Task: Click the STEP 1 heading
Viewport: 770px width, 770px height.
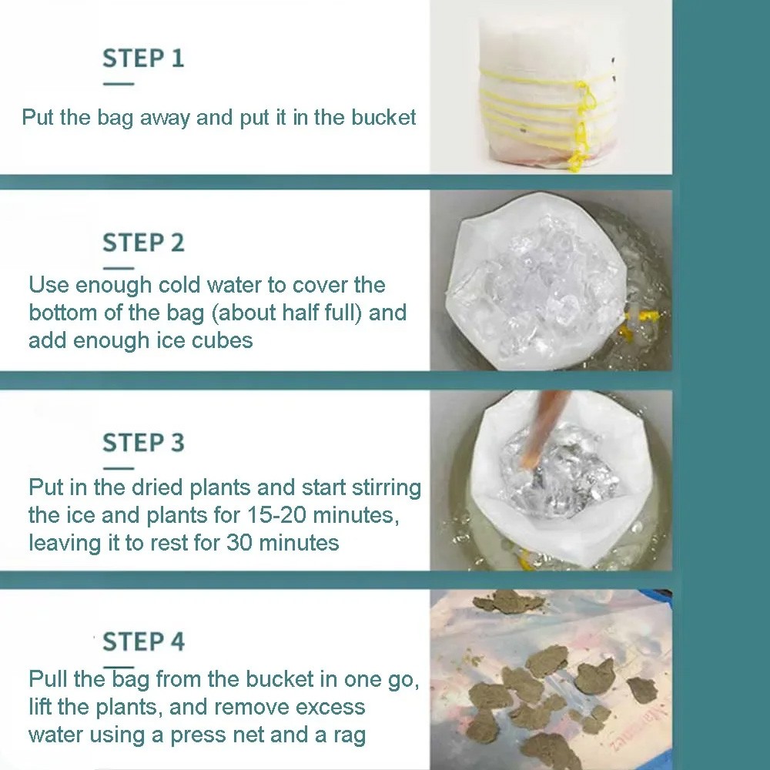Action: pyautogui.click(x=143, y=59)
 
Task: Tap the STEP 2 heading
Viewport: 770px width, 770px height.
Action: pyautogui.click(x=143, y=243)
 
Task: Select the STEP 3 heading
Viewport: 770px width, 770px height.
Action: pyautogui.click(x=143, y=443)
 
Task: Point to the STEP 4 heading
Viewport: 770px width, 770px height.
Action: pyautogui.click(x=143, y=641)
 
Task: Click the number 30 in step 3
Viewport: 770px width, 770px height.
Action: pyautogui.click(x=241, y=542)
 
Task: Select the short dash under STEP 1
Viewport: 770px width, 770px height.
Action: pyautogui.click(x=118, y=84)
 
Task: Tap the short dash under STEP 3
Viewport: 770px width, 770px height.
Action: pyautogui.click(x=118, y=467)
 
